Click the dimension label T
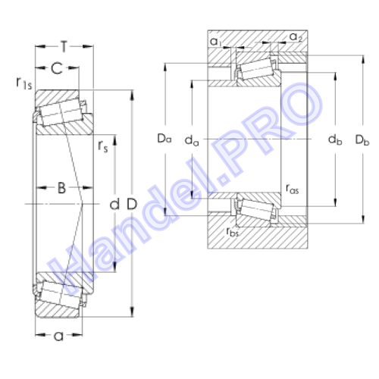pos(64,47)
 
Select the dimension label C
pos(57,68)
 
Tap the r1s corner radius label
pos(24,83)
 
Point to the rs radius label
pos(103,146)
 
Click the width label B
pos(61,188)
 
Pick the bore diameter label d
pos(114,204)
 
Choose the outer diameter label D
pos(132,204)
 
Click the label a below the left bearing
pos(58,336)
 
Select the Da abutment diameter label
pos(164,139)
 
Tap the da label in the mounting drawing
pos(192,140)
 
